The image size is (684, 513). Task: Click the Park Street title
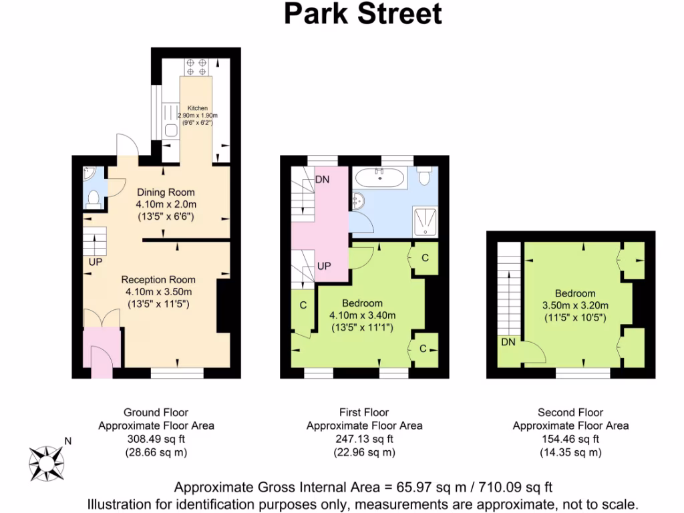coord(363,14)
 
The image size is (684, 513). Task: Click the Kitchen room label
coord(196,108)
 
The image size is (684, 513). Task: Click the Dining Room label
coord(166,192)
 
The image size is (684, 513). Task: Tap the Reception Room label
coord(158,280)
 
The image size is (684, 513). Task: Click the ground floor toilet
coord(94,198)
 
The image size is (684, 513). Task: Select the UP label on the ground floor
coord(95,262)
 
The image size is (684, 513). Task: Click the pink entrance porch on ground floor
coord(101,353)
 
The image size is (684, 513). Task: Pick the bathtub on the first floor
coord(379,178)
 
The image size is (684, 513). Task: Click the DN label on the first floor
coord(322,179)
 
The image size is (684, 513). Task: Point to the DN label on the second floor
coord(508,342)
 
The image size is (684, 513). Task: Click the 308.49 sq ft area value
coord(156,439)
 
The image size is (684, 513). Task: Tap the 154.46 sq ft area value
coord(570,439)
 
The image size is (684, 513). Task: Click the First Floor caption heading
coord(364,412)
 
